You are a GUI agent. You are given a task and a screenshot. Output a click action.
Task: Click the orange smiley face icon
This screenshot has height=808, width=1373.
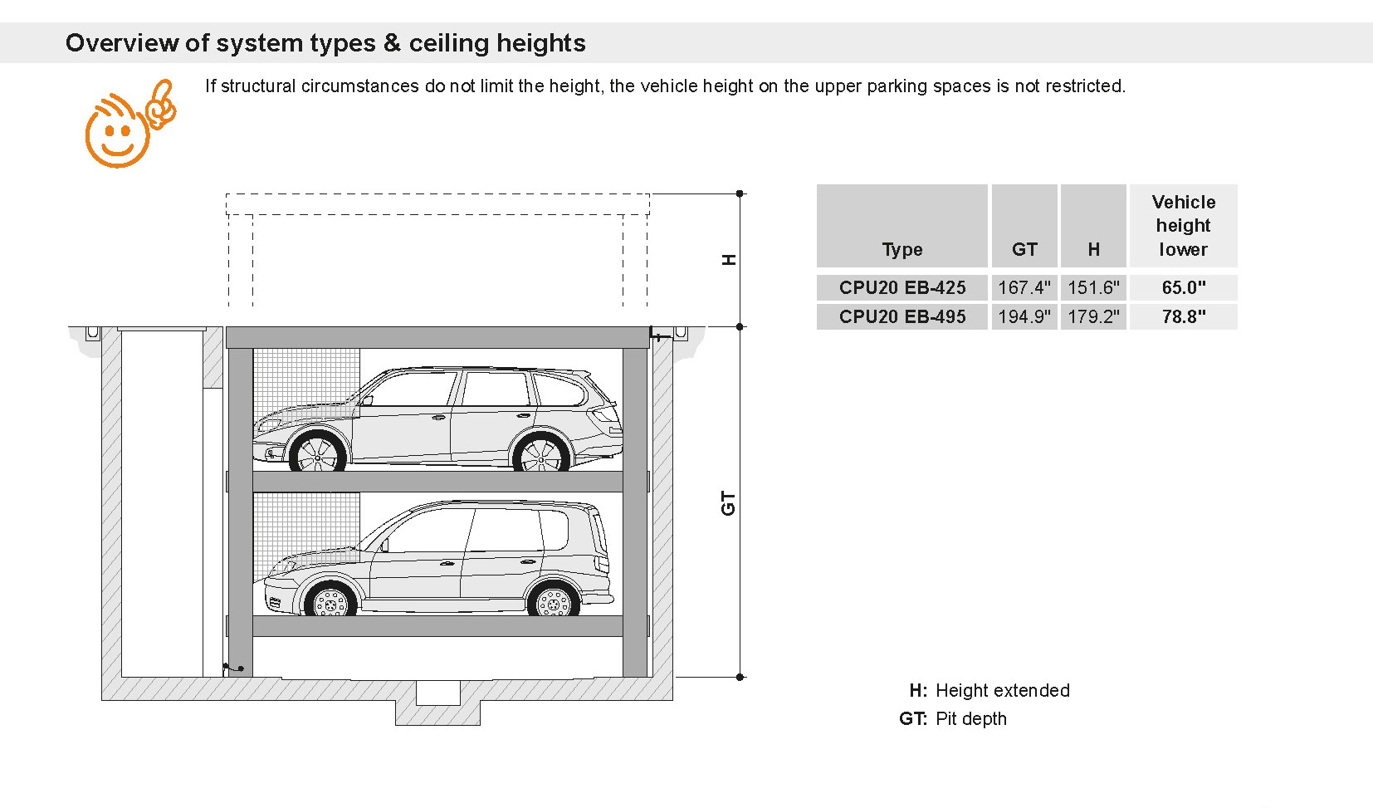[x=130, y=123]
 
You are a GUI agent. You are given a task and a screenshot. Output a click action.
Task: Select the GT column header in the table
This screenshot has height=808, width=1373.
[x=1024, y=249]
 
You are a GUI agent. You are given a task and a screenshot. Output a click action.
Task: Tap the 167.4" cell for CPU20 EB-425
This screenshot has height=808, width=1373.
[x=1024, y=287]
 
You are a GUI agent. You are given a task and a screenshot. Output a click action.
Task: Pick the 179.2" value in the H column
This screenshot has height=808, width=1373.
[x=1093, y=316]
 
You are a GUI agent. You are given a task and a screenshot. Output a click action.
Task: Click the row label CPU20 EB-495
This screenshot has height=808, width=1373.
[x=902, y=316]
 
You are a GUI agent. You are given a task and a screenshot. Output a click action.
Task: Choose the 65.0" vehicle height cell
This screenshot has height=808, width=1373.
[x=1184, y=287]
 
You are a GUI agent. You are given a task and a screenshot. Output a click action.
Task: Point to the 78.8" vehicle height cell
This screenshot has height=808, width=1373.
[x=1184, y=316]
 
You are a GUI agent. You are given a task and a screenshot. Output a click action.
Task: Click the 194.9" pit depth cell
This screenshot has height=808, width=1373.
[x=1024, y=316]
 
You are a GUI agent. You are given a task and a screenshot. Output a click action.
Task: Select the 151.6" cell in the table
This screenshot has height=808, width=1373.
[x=1093, y=287]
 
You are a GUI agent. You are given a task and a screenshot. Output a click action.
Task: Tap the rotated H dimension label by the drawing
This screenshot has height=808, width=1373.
[x=728, y=259]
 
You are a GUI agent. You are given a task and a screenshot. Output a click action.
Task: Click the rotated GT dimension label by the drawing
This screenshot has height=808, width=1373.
[x=728, y=503]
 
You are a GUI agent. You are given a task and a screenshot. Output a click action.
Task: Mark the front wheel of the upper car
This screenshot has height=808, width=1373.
[x=317, y=453]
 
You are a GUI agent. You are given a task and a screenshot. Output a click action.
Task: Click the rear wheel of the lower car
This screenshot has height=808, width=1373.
[x=553, y=600]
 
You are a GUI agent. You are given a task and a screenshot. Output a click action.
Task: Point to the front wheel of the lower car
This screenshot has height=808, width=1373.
[x=330, y=600]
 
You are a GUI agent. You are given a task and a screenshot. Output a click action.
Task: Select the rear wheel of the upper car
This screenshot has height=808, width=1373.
[x=541, y=453]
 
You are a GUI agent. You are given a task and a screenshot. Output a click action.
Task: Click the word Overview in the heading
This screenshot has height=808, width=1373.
[x=123, y=43]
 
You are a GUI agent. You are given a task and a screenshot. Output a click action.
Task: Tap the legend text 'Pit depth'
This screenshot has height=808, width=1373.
[x=971, y=718]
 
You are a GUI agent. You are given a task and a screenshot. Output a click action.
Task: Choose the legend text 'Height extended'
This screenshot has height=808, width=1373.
[x=1003, y=690]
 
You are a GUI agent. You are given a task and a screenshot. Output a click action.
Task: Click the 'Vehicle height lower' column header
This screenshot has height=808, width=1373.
[x=1183, y=226]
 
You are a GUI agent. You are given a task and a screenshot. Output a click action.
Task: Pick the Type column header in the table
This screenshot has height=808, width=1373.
[x=902, y=249]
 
